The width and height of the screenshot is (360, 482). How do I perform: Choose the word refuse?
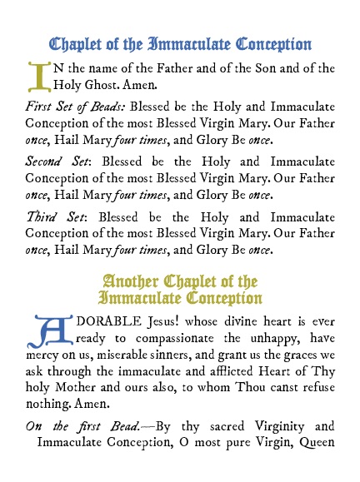pos(314,387)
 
